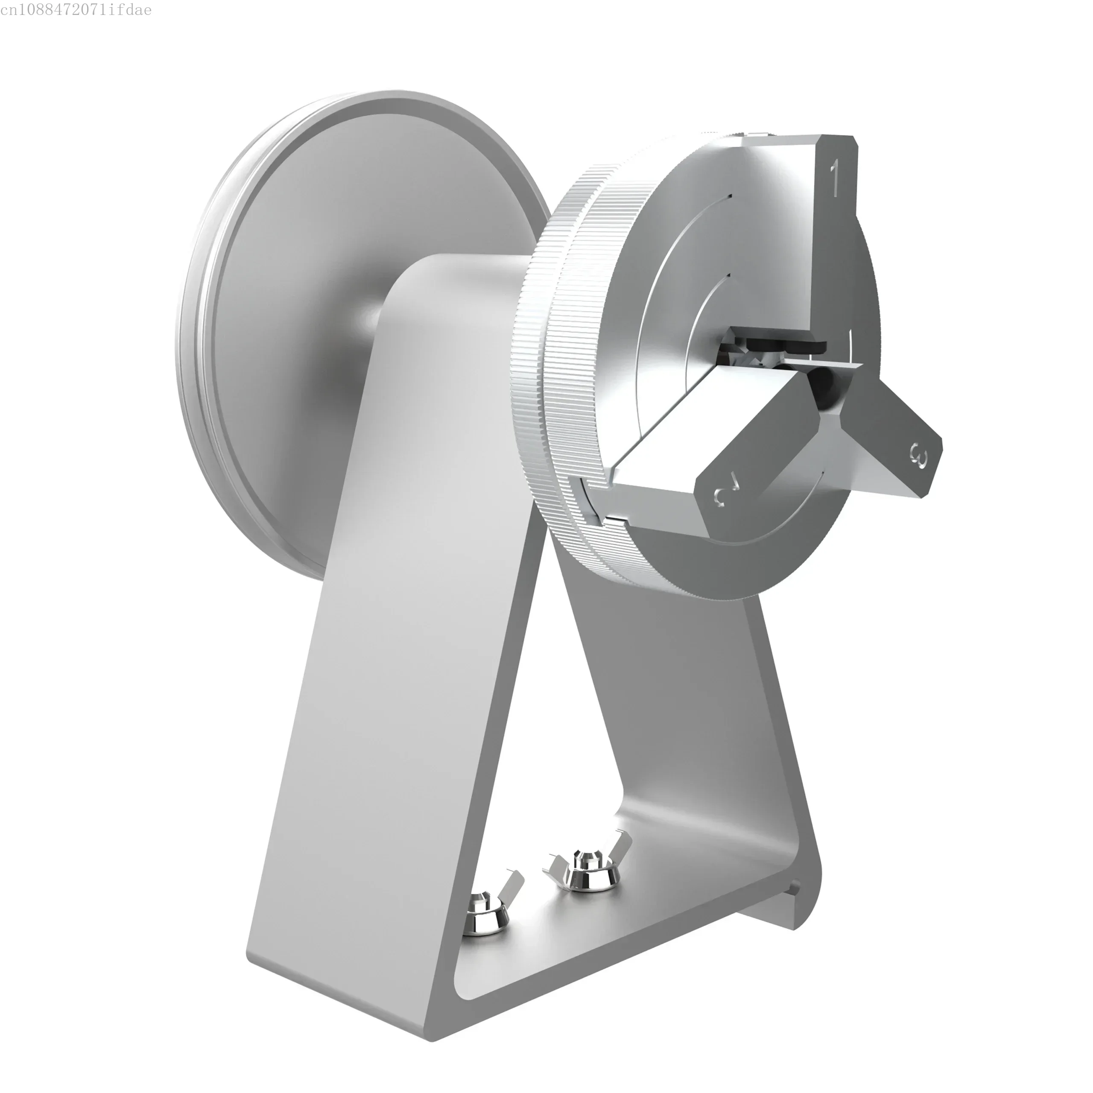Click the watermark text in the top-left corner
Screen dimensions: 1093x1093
(76, 10)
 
